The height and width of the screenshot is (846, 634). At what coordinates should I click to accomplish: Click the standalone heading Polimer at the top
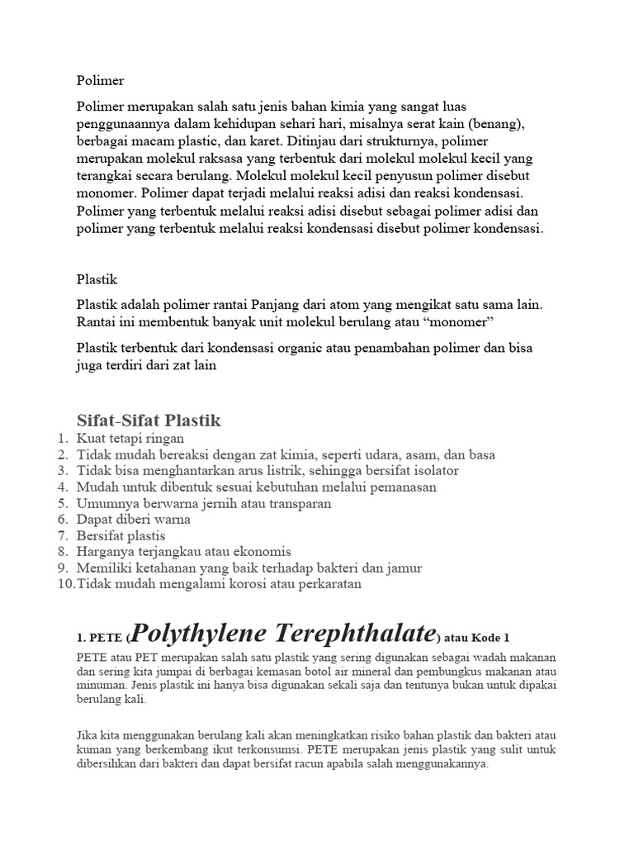point(100,81)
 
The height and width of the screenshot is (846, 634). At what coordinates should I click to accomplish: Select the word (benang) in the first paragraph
point(499,123)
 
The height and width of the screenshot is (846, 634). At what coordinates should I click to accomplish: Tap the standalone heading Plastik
point(97,280)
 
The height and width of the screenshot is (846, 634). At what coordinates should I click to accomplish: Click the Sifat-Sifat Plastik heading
point(149,421)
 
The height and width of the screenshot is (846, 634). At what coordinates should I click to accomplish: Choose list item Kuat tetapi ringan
point(130,439)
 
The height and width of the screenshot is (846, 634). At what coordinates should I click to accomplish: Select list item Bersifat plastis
point(121,535)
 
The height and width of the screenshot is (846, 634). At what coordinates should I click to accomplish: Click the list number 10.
point(65,584)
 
